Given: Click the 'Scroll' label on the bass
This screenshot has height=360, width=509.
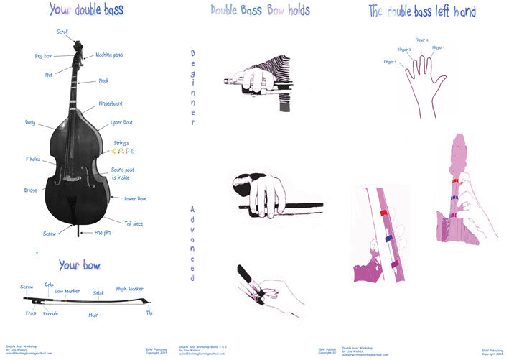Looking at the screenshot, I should pos(62,32).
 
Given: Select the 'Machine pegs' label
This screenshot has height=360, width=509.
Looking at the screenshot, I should pos(109,55).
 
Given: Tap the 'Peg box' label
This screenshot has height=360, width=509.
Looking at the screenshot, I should pos(43,55).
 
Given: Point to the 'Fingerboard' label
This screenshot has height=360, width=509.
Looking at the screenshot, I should pos(110,103).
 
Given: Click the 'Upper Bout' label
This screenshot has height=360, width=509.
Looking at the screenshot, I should pos(121,122).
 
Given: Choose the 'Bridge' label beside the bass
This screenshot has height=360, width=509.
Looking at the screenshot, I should pos(30,190).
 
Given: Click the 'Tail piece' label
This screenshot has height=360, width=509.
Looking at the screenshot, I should pos(134,223).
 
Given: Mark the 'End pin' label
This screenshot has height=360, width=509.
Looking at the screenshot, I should pos(103,233).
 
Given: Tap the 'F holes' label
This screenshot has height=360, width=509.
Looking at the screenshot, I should pos(32,158).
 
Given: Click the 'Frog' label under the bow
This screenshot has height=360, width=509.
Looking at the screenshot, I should pos(30,313).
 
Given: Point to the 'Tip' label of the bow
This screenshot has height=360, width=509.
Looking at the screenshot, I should pos(149,313).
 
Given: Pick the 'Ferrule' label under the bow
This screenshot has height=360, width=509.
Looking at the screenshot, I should pos(50,313).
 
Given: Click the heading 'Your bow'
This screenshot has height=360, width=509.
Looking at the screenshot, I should pos(79,265).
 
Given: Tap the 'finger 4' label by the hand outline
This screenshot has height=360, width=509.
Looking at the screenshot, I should pos(391,63).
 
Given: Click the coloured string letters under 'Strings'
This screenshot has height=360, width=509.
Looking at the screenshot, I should pos(123,152).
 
